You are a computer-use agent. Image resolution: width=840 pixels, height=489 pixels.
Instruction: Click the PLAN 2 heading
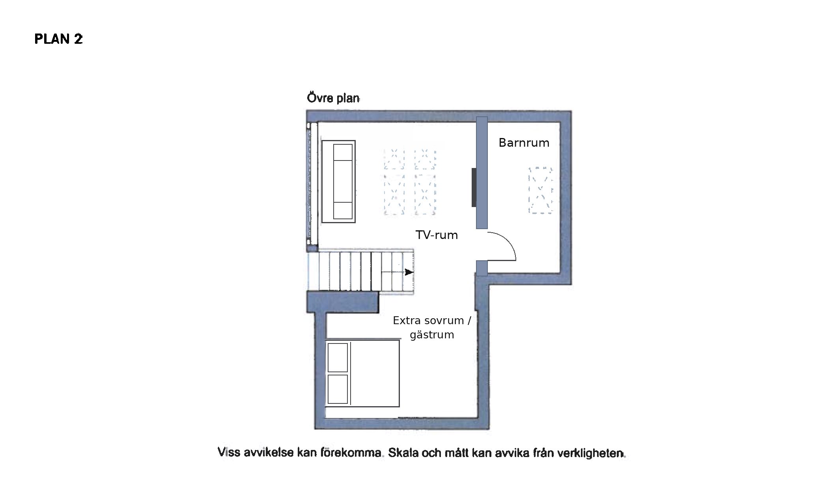coord(59,39)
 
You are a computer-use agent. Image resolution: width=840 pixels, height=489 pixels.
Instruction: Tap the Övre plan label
coord(333,98)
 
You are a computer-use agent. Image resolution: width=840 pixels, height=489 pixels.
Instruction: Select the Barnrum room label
coord(524,143)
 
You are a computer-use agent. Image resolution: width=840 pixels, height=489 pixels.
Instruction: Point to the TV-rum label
coord(437,235)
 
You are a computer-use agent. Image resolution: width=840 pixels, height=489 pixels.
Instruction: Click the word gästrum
coord(432,335)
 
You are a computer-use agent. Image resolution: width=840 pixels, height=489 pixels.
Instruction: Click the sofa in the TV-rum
coord(338,182)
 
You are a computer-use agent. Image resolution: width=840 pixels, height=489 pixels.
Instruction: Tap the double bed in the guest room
coord(362,373)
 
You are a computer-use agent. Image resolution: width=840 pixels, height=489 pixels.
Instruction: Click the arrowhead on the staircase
coord(409,272)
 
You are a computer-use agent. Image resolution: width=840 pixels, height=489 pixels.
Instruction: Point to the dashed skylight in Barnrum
coord(541,190)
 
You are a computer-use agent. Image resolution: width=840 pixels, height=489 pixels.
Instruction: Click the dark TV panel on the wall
coord(474,187)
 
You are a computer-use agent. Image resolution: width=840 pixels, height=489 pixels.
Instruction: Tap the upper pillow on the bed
coord(338,357)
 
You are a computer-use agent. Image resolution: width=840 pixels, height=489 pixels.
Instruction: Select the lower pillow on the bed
coord(338,389)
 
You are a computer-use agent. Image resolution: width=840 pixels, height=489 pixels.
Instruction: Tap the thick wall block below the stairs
coord(343,302)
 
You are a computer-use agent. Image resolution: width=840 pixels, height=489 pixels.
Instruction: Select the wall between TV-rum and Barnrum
coord(482,173)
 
